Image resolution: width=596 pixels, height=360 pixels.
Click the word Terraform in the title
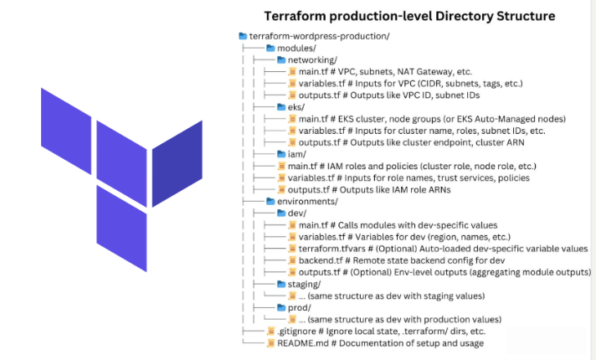point(297,16)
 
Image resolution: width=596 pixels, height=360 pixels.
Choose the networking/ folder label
point(312,59)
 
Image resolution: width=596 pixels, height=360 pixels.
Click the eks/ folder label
point(296,107)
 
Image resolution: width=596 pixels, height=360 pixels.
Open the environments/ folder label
point(307,202)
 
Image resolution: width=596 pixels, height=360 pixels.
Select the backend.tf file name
point(321,261)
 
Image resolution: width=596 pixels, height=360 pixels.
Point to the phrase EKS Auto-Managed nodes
point(489,119)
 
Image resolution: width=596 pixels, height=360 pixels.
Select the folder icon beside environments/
point(270,202)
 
